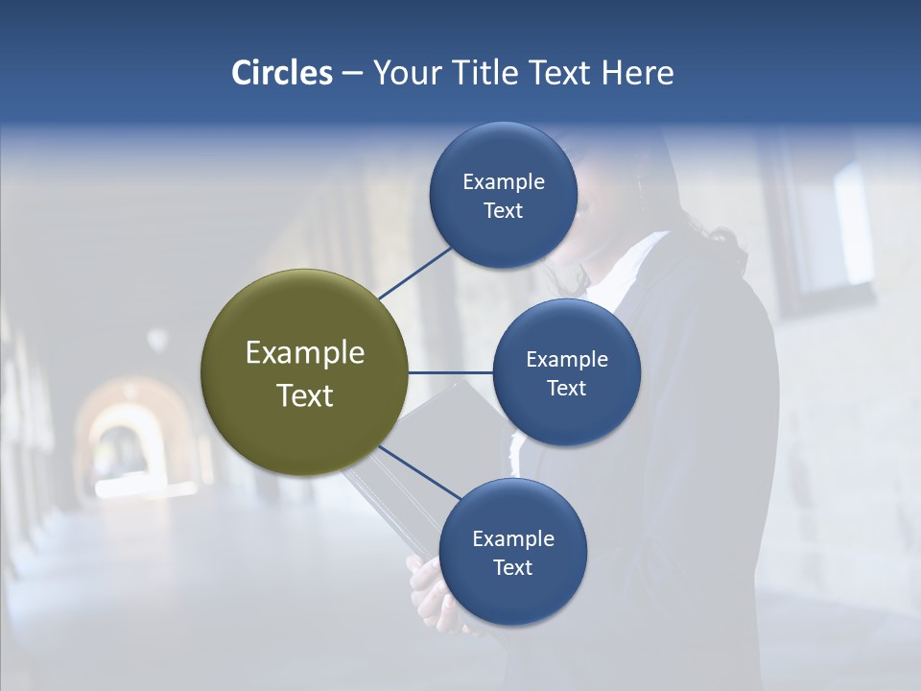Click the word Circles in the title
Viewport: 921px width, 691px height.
(281, 73)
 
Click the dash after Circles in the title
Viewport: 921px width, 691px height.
(352, 74)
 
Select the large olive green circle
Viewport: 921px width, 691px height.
(304, 373)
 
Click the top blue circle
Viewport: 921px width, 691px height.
(503, 196)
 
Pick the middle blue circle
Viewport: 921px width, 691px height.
(566, 372)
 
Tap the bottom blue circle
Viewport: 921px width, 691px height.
(512, 552)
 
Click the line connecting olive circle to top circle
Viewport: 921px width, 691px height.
(414, 274)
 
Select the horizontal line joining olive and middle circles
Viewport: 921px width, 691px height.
(450, 372)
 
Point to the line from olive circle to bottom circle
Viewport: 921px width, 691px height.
(419, 472)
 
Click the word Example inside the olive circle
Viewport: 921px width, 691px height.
(304, 353)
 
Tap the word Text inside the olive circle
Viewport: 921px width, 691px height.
(304, 395)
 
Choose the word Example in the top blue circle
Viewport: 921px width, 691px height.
(503, 182)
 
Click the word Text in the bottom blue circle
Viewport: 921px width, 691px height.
(512, 567)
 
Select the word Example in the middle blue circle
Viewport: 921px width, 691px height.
(566, 360)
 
